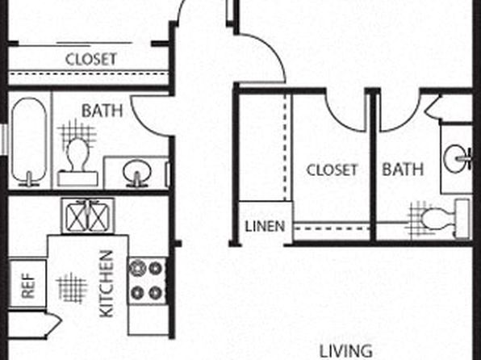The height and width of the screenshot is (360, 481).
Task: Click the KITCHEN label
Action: click(x=107, y=284)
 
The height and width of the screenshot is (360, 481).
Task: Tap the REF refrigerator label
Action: click(x=28, y=286)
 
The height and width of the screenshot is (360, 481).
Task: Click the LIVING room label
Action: click(x=346, y=351)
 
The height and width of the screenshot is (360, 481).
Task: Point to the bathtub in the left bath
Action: click(x=29, y=141)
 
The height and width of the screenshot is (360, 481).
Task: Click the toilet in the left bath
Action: click(x=78, y=162)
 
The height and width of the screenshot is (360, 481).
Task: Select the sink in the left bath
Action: click(x=137, y=173)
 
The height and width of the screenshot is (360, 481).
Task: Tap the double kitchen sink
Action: click(x=88, y=216)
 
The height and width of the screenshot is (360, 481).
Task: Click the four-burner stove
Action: click(x=147, y=281)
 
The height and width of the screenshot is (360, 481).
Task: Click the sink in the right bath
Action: click(x=458, y=159)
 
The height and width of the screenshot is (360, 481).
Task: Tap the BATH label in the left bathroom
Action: click(x=102, y=111)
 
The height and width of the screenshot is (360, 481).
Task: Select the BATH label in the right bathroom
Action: click(x=403, y=170)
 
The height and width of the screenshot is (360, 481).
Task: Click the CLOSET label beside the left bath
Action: click(x=91, y=59)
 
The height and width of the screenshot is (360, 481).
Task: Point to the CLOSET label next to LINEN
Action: click(x=333, y=170)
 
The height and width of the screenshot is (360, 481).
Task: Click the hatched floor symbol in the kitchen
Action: click(x=72, y=287)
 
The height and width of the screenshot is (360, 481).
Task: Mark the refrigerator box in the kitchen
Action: click(x=27, y=284)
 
